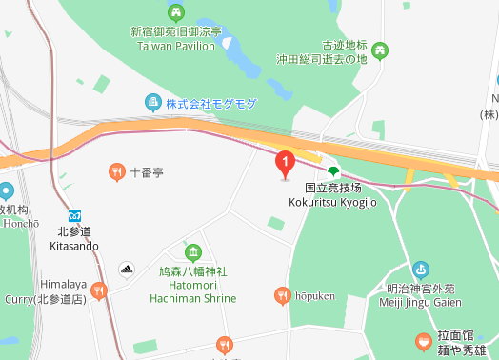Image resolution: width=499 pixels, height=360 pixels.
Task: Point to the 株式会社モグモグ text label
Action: [211, 103]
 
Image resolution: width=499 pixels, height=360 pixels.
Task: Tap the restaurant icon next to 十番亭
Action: [115, 171]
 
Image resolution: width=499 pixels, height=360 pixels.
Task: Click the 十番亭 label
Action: [147, 172]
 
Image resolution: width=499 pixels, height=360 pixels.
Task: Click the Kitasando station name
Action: [73, 238]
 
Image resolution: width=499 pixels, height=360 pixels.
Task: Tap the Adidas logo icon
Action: [126, 269]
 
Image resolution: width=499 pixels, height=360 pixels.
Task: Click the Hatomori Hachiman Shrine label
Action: [193, 285]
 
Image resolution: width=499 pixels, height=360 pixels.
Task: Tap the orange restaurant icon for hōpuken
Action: [282, 296]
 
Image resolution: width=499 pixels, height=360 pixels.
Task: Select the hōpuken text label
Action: [314, 296]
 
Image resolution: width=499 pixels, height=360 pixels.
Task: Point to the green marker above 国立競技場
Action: [332, 170]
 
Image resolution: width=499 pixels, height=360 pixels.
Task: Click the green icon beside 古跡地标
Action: [380, 50]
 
